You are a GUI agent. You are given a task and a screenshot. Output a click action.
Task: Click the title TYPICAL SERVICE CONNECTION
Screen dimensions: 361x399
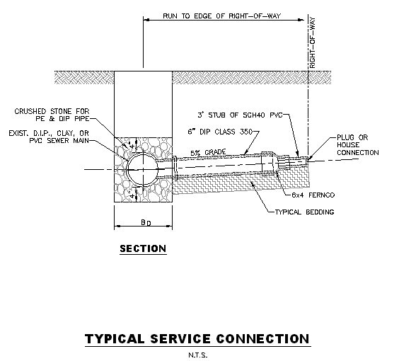click(x=197, y=338)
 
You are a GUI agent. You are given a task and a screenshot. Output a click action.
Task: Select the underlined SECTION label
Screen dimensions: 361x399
click(x=142, y=248)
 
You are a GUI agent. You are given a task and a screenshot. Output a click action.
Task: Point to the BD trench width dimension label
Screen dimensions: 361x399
click(x=144, y=223)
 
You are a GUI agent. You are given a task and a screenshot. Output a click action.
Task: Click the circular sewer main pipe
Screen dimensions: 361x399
click(x=145, y=170)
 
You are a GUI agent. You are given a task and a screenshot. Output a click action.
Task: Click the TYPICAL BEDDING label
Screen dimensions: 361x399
click(x=303, y=212)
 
